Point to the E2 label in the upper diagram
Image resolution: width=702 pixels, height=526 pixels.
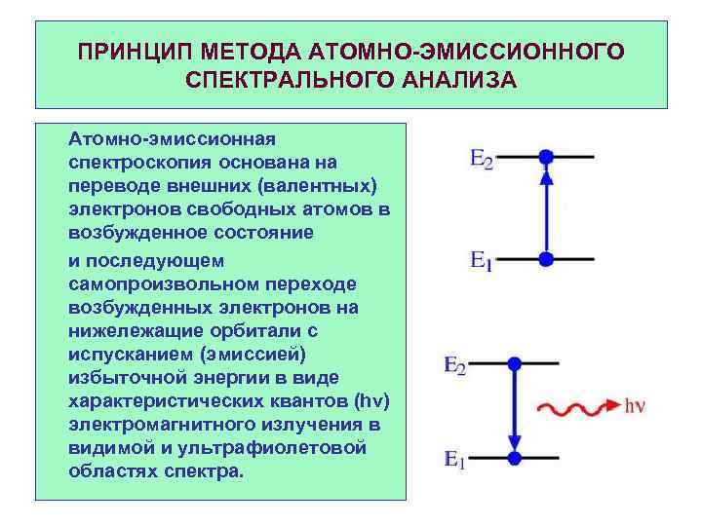click(482, 159)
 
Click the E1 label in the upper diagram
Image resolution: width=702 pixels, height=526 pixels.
click(482, 261)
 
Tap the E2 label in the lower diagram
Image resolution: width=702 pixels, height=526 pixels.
click(454, 366)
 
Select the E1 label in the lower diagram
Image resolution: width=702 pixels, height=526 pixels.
click(454, 458)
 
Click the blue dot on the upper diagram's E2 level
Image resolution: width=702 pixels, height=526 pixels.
click(546, 156)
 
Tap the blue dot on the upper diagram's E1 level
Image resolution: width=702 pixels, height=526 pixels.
click(546, 259)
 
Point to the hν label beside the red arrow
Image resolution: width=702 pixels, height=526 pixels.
click(635, 404)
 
